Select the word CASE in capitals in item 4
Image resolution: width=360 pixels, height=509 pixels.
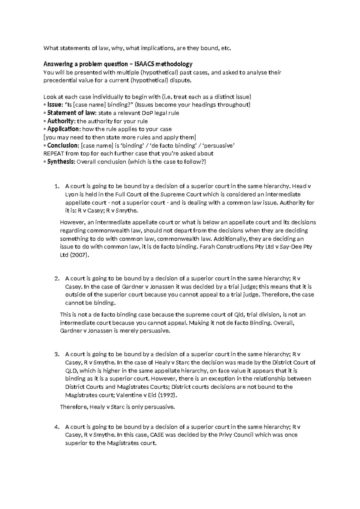pos(157,435)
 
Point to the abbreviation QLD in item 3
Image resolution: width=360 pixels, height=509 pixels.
pos(71,371)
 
